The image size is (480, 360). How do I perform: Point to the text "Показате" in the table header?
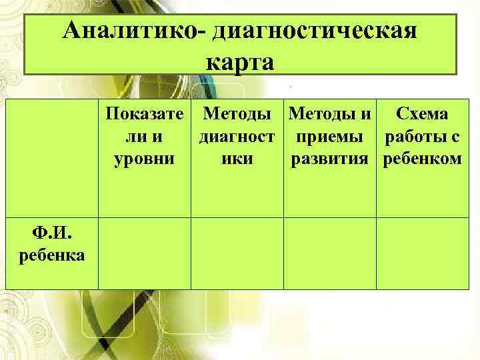pos(145,115)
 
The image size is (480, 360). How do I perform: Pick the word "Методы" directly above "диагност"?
pos(237,115)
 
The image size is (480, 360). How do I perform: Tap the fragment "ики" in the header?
pos(237,159)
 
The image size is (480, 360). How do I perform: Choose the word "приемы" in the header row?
pos(330,137)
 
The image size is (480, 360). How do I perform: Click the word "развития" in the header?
pos(330,159)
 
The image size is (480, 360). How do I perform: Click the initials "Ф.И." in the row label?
pos(52,234)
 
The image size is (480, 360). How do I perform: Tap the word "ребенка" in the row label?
pos(52,254)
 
